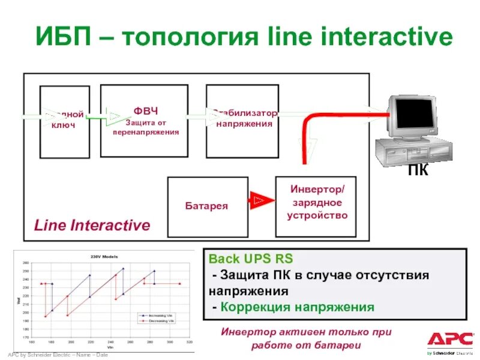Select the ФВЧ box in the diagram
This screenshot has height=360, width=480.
click(144, 121)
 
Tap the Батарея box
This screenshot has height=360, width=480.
click(206, 206)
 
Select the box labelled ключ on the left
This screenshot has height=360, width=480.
click(64, 122)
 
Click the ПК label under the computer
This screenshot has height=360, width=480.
click(418, 171)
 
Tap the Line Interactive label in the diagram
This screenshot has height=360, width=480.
click(92, 226)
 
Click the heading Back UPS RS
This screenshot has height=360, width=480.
click(251, 259)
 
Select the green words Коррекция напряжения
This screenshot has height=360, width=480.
click(297, 307)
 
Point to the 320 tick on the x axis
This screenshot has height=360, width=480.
click(189, 343)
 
